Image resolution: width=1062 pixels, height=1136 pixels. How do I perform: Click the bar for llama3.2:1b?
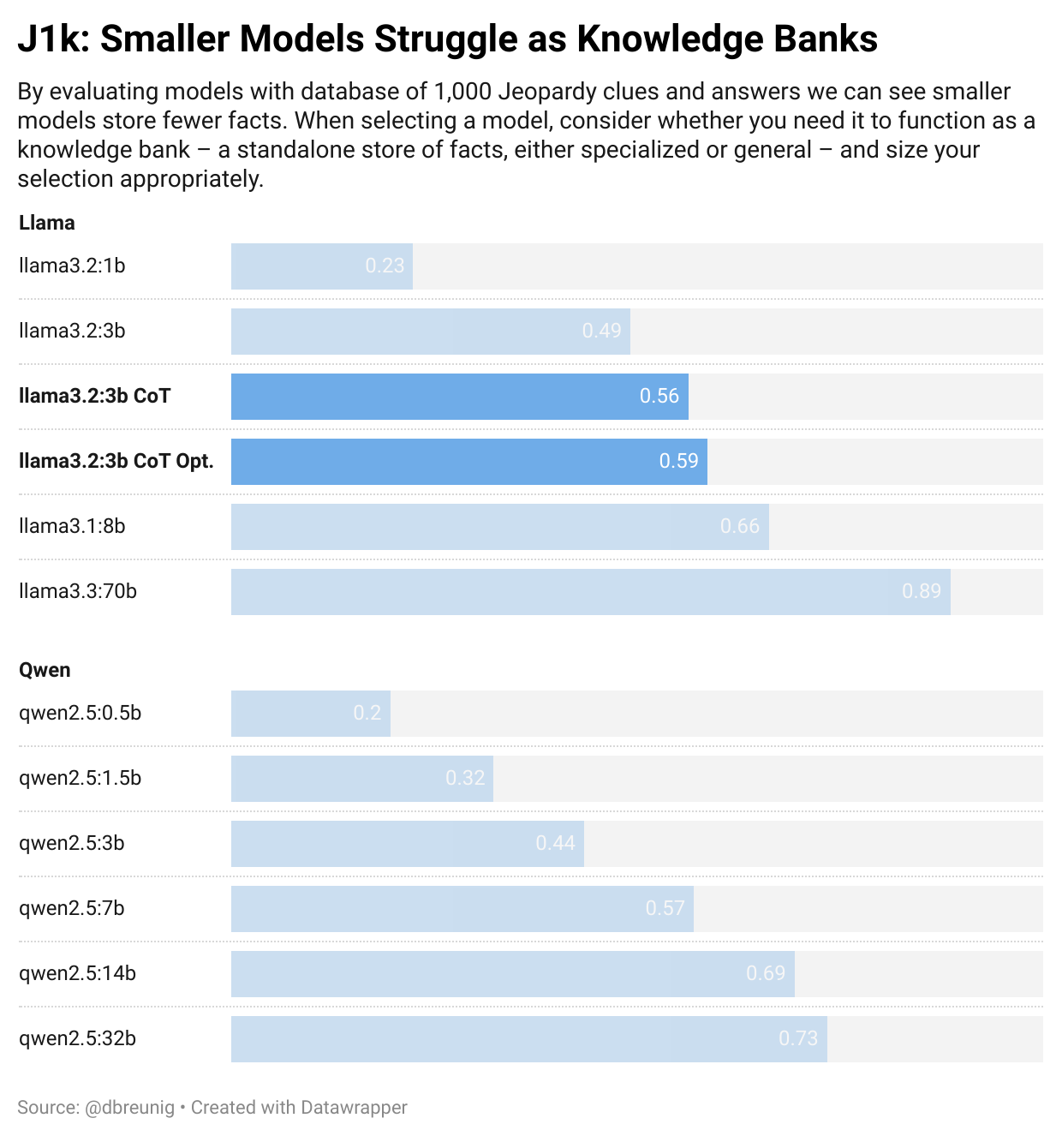[322, 266]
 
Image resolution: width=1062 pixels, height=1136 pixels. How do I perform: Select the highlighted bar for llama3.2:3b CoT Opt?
[469, 461]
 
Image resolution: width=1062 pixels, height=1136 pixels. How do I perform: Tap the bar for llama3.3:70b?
[591, 591]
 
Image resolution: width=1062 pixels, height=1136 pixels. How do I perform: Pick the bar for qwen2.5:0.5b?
[311, 713]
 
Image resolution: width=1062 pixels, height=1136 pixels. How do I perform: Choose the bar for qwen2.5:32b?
[529, 1038]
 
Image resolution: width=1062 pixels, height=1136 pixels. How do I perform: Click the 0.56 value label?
[659, 396]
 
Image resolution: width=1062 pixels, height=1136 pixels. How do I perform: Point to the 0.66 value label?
[739, 526]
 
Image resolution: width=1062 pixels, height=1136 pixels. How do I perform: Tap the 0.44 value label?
[555, 843]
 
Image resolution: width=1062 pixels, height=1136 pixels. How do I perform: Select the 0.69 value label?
[765, 973]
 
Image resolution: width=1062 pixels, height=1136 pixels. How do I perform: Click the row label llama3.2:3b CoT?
[95, 396]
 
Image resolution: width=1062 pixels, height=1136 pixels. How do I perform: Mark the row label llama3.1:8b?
[72, 526]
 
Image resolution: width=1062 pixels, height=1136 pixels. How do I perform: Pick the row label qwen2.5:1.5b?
[81, 778]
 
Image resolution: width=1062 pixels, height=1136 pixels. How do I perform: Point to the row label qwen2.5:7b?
[72, 908]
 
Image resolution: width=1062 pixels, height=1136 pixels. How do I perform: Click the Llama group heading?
[47, 223]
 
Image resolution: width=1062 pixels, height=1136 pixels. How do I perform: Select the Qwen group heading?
[45, 670]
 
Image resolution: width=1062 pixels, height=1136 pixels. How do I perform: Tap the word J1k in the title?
[52, 39]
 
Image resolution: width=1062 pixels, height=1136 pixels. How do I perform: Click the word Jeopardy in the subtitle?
[541, 92]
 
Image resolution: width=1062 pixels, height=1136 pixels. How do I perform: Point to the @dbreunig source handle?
[129, 1107]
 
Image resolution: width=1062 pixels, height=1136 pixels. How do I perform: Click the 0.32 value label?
[464, 778]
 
